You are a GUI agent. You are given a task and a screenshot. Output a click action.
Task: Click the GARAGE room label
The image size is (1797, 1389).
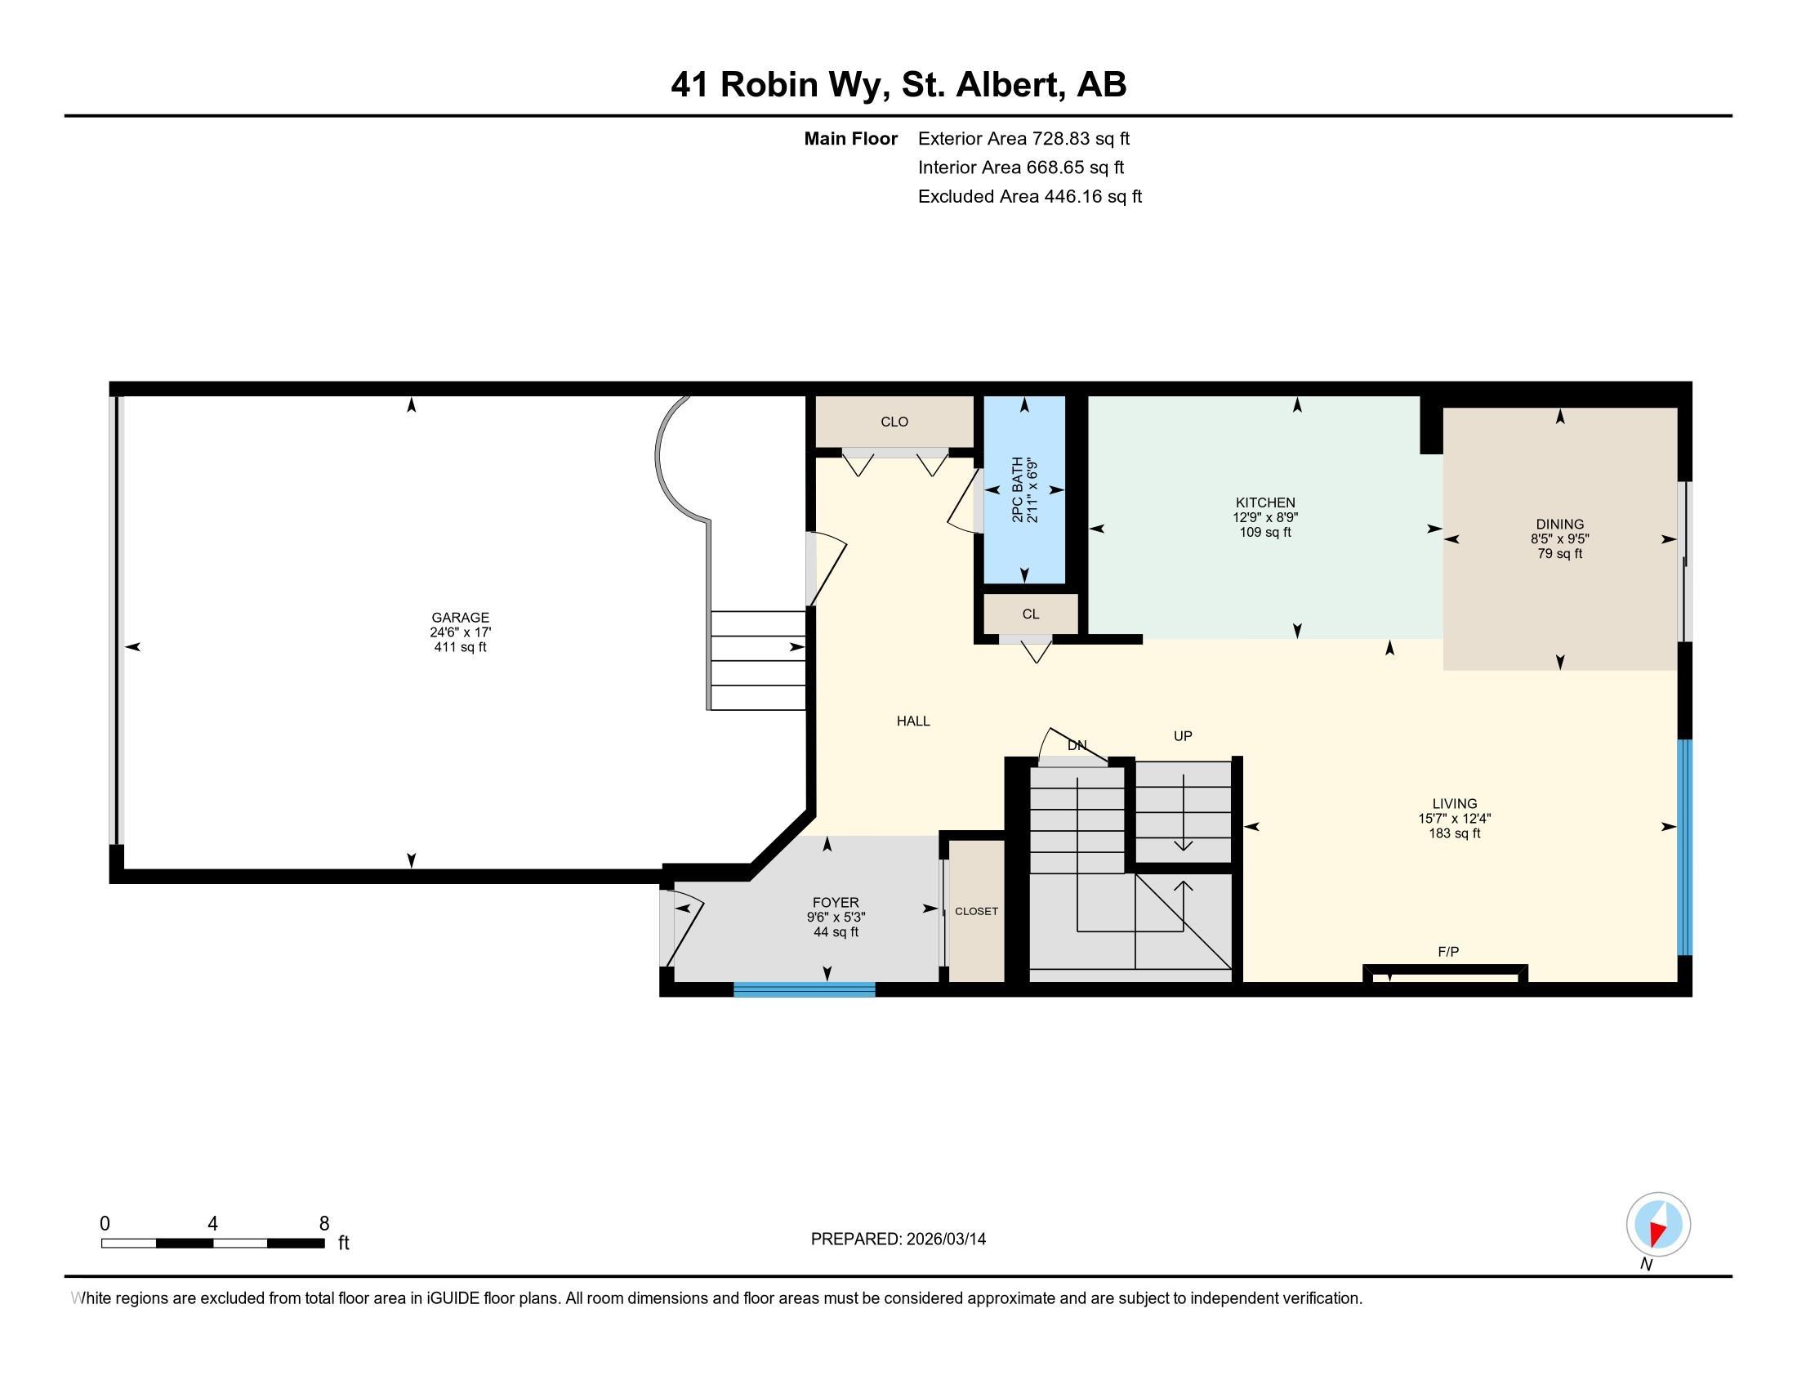460,617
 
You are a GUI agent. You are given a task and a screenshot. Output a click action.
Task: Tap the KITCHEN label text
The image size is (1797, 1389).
1264,502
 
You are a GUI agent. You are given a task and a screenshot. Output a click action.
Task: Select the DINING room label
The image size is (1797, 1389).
1559,525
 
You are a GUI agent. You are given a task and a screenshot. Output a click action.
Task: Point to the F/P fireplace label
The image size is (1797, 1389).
1448,952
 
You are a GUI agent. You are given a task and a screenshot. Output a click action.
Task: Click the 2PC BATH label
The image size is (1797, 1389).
1018,489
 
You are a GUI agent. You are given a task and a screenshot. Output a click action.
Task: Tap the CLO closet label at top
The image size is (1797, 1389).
894,422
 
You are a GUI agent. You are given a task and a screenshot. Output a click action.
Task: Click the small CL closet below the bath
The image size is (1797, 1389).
1030,614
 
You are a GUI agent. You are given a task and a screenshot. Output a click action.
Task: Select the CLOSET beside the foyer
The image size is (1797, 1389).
976,911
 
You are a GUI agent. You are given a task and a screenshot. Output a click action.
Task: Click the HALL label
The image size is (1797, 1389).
912,721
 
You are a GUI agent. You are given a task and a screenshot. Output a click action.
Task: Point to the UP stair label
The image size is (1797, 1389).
1183,735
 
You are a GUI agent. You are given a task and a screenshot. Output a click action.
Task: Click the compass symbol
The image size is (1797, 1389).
1658,1225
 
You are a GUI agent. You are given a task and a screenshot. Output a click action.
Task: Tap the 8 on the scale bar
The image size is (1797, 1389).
324,1224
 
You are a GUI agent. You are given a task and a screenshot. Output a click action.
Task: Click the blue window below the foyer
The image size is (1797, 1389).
804,990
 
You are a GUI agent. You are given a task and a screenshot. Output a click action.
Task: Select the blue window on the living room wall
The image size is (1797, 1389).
1684,847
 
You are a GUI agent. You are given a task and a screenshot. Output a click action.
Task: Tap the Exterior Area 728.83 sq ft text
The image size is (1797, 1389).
1023,138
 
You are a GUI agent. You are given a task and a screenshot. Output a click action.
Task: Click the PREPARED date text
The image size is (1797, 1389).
898,1239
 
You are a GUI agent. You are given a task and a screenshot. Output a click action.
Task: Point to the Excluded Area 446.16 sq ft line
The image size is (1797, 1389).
1029,196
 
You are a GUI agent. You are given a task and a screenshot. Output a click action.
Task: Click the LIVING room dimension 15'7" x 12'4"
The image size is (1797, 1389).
1454,819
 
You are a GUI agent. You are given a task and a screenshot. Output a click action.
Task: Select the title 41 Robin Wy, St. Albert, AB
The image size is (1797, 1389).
898,84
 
